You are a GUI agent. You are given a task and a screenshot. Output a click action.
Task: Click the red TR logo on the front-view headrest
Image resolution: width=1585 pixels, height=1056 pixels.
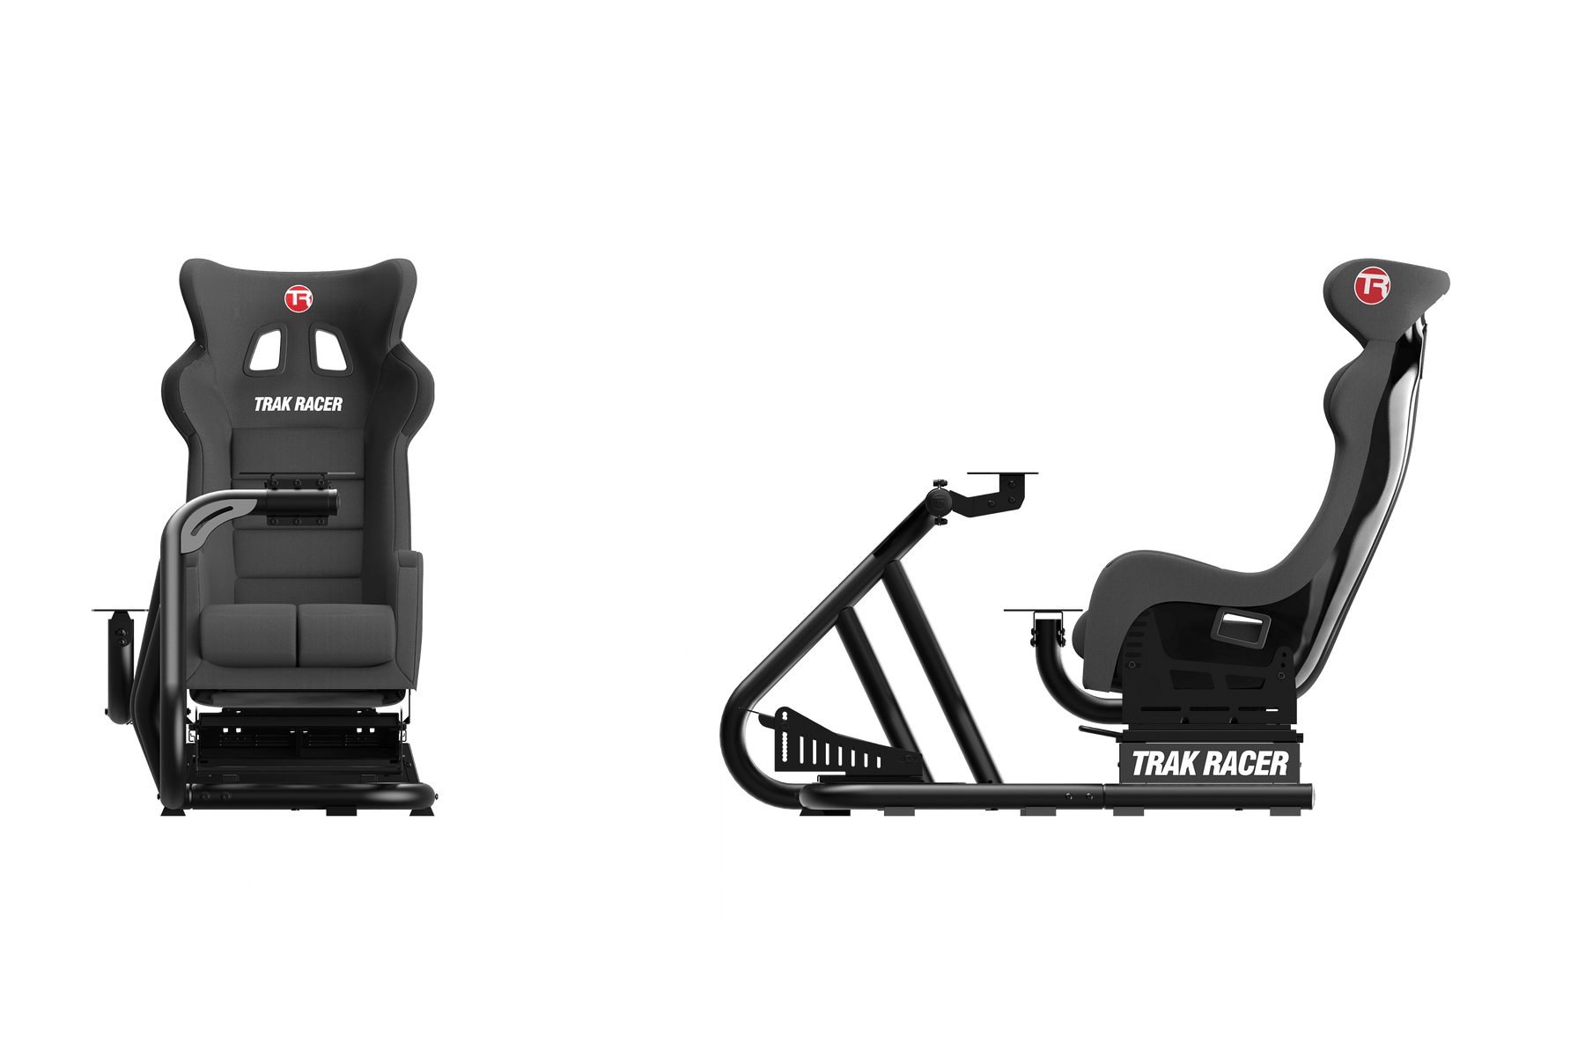click(x=299, y=298)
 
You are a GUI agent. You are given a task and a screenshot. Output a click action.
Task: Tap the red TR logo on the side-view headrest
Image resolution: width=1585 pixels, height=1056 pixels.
click(x=1371, y=284)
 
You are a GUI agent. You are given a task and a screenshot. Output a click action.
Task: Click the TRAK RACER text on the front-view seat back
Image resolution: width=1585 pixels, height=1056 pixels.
click(x=298, y=404)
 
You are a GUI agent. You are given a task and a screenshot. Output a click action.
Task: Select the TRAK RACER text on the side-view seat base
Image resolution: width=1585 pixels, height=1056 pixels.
click(x=1209, y=764)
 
